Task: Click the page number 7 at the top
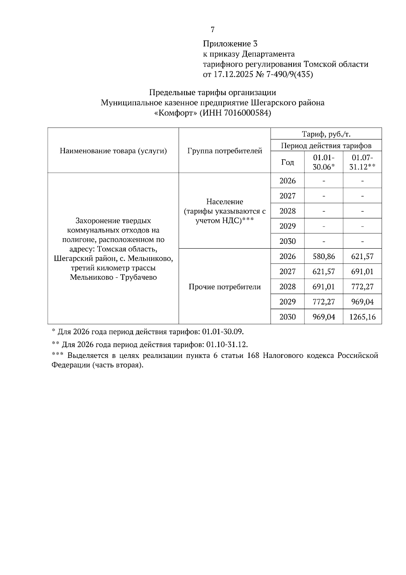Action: pyautogui.click(x=212, y=30)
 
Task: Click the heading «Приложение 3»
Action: pyautogui.click(x=230, y=44)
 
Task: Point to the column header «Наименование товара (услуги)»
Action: pyautogui.click(x=113, y=151)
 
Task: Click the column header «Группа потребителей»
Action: pyautogui.click(x=225, y=151)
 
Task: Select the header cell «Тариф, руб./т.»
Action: pyautogui.click(x=326, y=134)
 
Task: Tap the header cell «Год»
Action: pyautogui.click(x=288, y=162)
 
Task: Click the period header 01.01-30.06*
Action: pyautogui.click(x=324, y=162)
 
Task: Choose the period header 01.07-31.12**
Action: pyautogui.click(x=362, y=162)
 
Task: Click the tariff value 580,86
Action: pyautogui.click(x=324, y=256)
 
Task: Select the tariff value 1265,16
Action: pyautogui.click(x=362, y=317)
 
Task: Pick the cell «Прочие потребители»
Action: pyautogui.click(x=225, y=287)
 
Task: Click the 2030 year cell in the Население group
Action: pyautogui.click(x=288, y=241)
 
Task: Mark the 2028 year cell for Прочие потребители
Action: pyautogui.click(x=288, y=287)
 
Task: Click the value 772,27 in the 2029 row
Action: pyautogui.click(x=324, y=302)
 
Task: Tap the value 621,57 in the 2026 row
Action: pyautogui.click(x=362, y=256)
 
